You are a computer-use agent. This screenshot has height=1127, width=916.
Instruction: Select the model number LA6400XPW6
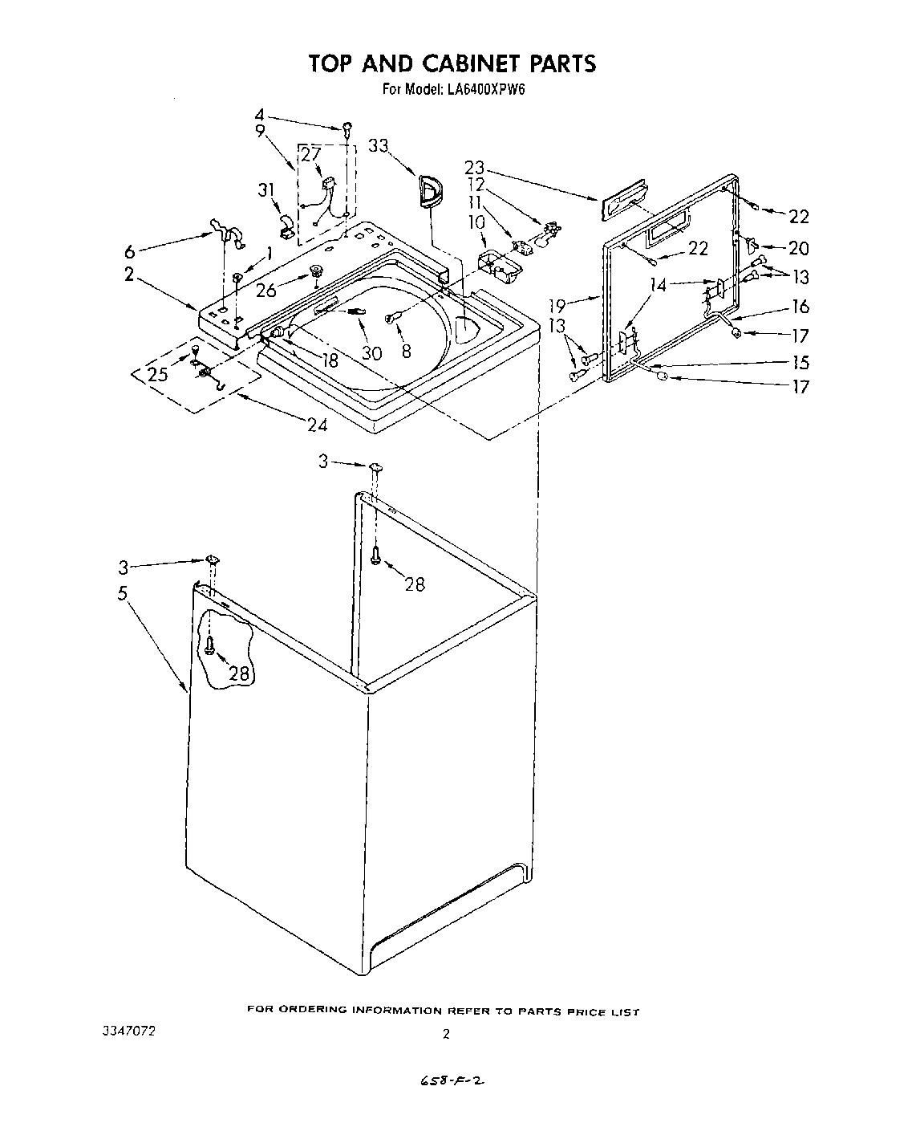[x=480, y=90]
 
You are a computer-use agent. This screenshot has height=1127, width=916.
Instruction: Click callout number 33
[x=379, y=145]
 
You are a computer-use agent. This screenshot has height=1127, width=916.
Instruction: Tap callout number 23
[x=475, y=168]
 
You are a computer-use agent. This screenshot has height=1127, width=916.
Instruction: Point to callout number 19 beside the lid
[x=557, y=305]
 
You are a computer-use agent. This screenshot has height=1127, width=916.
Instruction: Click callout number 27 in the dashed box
[x=310, y=155]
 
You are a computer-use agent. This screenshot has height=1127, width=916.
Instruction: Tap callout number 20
[x=798, y=248]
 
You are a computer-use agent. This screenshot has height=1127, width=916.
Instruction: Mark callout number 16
[x=799, y=306]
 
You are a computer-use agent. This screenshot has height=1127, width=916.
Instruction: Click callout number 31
[x=266, y=189]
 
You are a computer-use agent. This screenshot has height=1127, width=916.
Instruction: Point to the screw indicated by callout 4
[x=347, y=127]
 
